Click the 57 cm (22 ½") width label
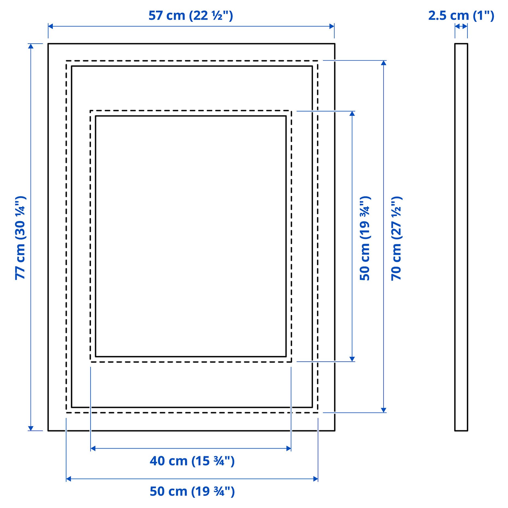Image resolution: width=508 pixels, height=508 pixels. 191,16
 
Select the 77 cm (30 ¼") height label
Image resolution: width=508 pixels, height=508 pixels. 20,238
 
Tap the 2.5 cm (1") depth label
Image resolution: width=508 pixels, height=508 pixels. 461,16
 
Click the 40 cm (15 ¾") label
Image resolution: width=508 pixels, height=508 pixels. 192,461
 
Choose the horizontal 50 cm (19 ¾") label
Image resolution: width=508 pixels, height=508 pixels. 192,491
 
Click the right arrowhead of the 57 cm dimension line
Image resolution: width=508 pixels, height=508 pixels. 332,26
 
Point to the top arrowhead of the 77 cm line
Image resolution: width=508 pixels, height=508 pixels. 31,46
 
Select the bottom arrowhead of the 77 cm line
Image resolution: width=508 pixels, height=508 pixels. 31,428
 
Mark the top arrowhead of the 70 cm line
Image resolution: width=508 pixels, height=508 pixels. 384,63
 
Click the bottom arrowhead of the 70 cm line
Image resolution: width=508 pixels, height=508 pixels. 384,410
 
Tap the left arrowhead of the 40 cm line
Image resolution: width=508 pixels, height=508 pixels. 93,448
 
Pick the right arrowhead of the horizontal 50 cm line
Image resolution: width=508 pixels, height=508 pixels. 316,479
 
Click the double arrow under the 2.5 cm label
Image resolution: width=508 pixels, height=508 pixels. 461,26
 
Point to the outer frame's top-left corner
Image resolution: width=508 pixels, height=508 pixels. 48,44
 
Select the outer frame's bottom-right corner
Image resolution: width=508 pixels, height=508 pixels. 335,431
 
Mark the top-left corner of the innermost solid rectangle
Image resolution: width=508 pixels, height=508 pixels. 96,116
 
